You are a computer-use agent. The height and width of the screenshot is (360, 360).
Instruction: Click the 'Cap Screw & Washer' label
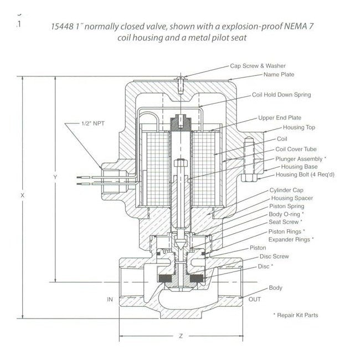click(x=256, y=65)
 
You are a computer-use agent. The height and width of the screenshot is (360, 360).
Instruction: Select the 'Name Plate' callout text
click(x=279, y=74)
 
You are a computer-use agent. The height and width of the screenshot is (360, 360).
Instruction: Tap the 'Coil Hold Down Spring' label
click(x=281, y=95)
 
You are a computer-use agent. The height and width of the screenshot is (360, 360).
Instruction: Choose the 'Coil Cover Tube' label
click(x=296, y=150)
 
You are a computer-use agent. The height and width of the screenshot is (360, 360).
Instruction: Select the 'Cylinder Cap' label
click(x=285, y=190)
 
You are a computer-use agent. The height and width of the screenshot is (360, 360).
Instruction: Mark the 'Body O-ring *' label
click(x=287, y=214)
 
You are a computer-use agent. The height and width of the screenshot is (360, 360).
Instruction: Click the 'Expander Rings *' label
click(x=291, y=239)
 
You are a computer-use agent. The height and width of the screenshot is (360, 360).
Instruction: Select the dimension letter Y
click(x=54, y=177)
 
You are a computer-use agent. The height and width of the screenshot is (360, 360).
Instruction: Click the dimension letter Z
click(x=181, y=336)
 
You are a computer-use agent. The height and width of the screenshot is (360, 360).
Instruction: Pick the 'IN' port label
click(x=110, y=299)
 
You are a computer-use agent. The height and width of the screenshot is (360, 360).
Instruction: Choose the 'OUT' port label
click(x=255, y=299)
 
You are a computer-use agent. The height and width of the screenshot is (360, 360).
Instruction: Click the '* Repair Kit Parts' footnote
click(x=296, y=315)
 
